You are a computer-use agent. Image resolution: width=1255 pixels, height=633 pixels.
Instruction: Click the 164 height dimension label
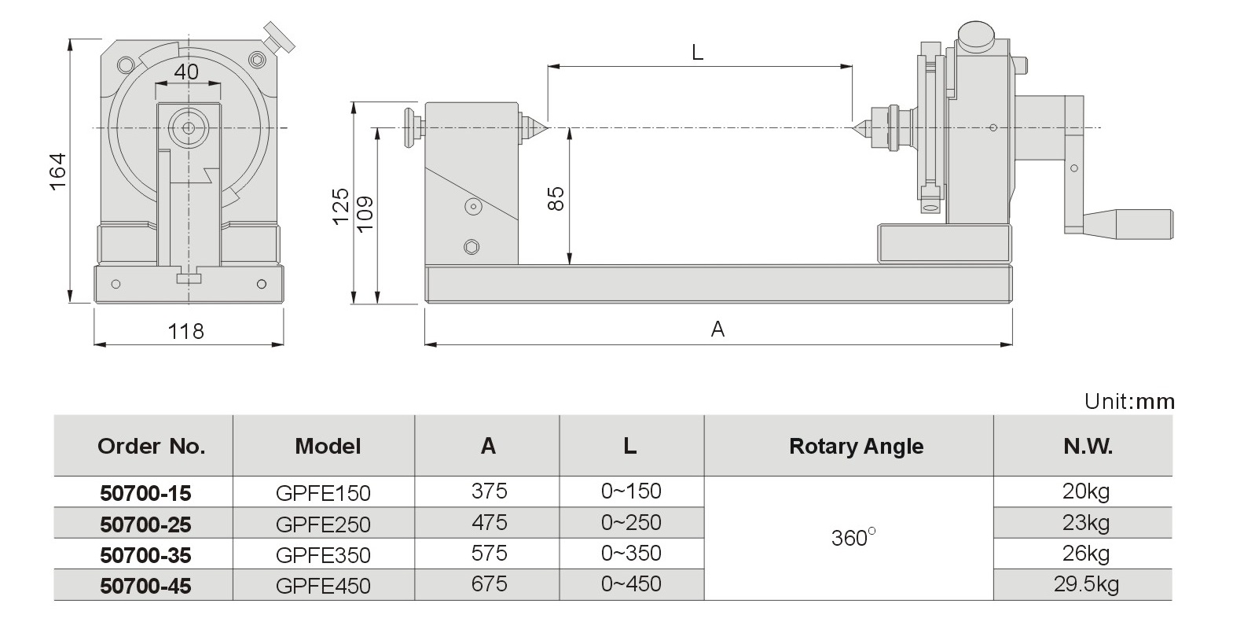(x=57, y=171)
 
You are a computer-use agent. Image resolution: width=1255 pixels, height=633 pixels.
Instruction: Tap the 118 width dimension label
(x=186, y=331)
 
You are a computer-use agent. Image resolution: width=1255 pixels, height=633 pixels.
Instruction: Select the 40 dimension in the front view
(x=186, y=72)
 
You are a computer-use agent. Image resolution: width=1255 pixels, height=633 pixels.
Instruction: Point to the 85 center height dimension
(x=556, y=198)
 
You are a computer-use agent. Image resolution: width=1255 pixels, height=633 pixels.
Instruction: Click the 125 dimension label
(x=340, y=206)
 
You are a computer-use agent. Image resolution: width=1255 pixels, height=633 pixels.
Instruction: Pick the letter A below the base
(x=717, y=329)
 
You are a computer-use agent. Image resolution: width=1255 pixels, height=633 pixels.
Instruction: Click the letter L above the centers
(x=697, y=53)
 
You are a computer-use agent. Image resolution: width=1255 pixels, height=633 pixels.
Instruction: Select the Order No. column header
(x=151, y=447)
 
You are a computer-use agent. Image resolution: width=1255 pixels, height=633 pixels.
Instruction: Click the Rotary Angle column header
(x=856, y=447)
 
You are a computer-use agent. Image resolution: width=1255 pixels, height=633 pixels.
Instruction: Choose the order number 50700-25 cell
(x=145, y=524)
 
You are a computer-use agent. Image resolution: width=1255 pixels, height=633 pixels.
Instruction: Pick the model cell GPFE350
(x=323, y=555)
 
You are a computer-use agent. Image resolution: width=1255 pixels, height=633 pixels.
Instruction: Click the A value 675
(x=489, y=584)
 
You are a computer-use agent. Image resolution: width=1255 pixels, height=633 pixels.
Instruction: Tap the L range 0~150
(x=631, y=491)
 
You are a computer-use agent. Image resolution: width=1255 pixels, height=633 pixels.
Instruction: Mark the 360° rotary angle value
(x=852, y=538)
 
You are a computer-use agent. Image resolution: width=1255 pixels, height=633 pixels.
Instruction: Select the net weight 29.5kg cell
(x=1086, y=584)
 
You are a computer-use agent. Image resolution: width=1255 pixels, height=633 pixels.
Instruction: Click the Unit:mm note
(x=1129, y=401)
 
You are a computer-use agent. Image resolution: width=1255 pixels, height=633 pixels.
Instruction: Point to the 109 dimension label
(x=365, y=214)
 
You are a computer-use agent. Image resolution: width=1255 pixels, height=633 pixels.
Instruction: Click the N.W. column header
(x=1088, y=447)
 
